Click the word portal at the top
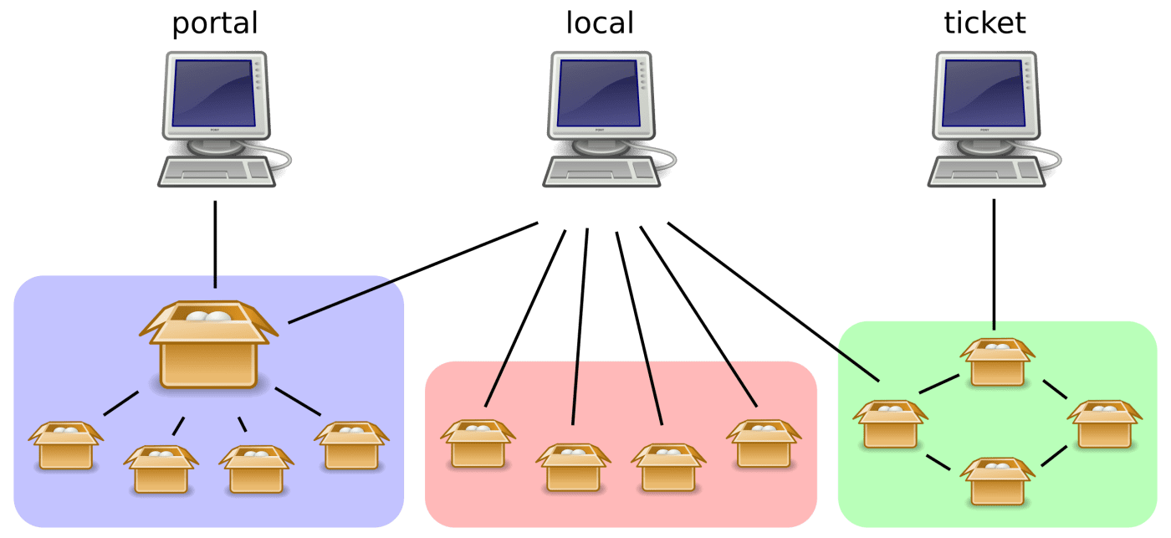pyautogui.click(x=214, y=23)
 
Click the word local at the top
pyautogui.click(x=599, y=23)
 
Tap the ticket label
pyautogui.click(x=984, y=23)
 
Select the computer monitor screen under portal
pyautogui.click(x=213, y=93)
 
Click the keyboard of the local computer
pyautogui.click(x=601, y=172)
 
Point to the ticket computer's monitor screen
pyautogui.click(x=984, y=93)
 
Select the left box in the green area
pyautogui.click(x=890, y=425)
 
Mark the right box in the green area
pyautogui.click(x=1103, y=425)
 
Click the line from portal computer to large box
pyautogui.click(x=215, y=243)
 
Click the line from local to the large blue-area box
pyautogui.click(x=413, y=272)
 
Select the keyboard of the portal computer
pyautogui.click(x=216, y=172)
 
